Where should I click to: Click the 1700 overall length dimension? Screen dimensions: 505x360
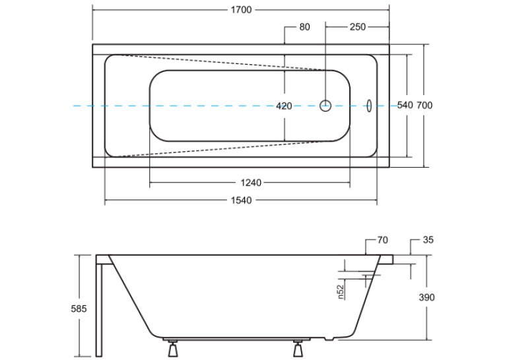pyautogui.click(x=241, y=10)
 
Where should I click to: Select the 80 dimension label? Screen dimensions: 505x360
pyautogui.click(x=304, y=27)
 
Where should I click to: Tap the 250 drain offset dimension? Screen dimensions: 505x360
pyautogui.click(x=358, y=27)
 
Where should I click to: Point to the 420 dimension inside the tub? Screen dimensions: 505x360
pyautogui.click(x=284, y=106)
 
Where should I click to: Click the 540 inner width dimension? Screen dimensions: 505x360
pyautogui.click(x=405, y=106)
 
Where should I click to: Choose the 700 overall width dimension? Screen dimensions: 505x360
pyautogui.click(x=424, y=106)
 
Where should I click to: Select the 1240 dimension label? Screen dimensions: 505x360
pyautogui.click(x=251, y=183)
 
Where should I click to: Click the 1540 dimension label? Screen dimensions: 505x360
pyautogui.click(x=241, y=200)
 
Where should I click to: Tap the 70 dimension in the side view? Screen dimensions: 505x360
pyautogui.click(x=383, y=240)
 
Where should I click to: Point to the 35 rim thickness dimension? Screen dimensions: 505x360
pyautogui.click(x=428, y=240)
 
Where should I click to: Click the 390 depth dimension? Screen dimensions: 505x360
pyautogui.click(x=426, y=297)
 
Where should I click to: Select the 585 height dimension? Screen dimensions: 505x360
pyautogui.click(x=79, y=309)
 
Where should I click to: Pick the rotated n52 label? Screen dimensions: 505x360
pyautogui.click(x=341, y=292)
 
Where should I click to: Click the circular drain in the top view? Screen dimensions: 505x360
pyautogui.click(x=325, y=106)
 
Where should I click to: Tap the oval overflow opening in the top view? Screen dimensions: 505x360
pyautogui.click(x=369, y=106)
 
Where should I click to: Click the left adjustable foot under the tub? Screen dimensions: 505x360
pyautogui.click(x=173, y=348)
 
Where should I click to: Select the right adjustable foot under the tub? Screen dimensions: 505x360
pyautogui.click(x=298, y=348)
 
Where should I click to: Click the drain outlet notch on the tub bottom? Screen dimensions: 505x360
pyautogui.click(x=329, y=339)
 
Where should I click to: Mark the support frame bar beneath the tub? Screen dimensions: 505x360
pyautogui.click(x=237, y=339)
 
